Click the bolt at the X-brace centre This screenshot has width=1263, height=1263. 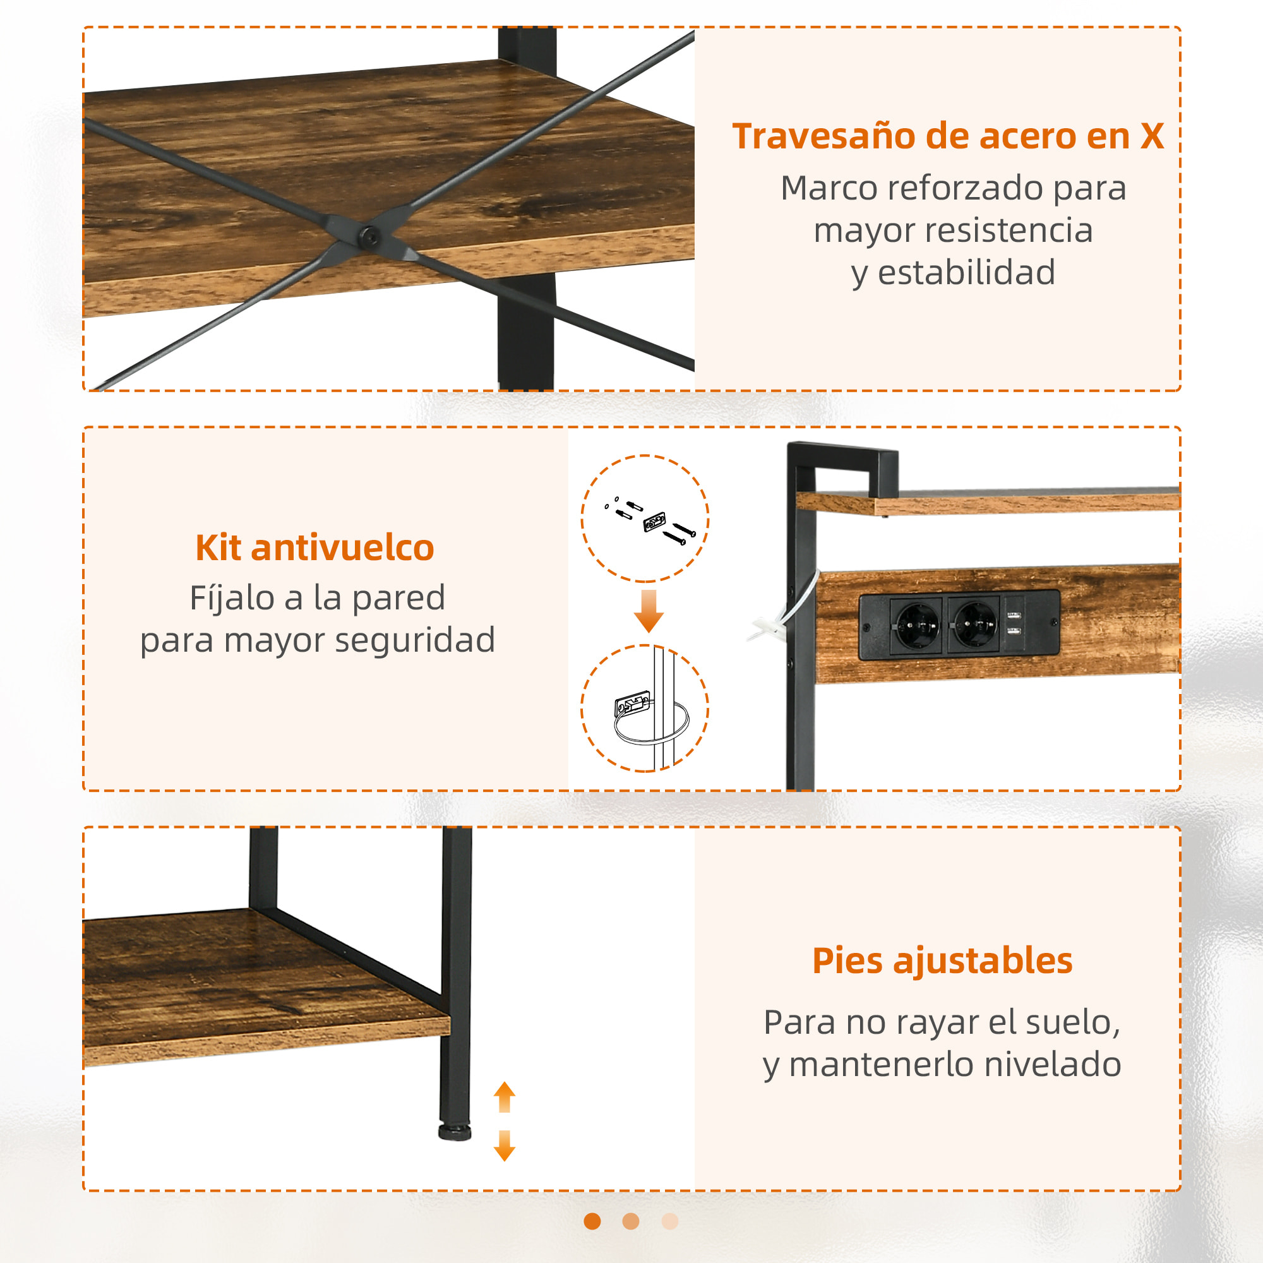370,236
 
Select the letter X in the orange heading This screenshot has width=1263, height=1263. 1152,137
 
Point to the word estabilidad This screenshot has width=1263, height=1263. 966,273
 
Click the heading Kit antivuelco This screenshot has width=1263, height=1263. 314,548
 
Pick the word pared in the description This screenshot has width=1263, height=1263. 398,598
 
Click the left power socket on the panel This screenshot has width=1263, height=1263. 918,625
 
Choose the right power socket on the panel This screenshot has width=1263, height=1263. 974,625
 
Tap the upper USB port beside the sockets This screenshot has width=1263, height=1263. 1014,615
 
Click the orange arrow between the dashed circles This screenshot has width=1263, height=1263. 649,611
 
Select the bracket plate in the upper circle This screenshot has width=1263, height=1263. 654,521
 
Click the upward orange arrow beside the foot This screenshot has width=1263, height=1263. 504,1097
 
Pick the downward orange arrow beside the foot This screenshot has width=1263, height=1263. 504,1146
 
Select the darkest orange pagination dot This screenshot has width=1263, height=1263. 592,1221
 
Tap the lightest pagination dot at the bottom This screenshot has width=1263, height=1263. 670,1221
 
